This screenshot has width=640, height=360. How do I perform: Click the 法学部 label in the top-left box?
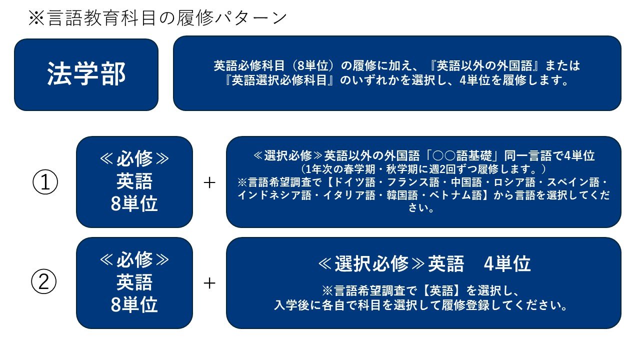86,74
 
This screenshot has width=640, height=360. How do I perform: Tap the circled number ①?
45,182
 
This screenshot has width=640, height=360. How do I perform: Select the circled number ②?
43,281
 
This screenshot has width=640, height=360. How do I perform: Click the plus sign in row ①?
209,182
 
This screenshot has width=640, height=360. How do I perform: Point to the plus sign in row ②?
209,283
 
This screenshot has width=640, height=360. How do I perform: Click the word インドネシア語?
274,195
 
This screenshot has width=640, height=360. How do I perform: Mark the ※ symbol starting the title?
36,18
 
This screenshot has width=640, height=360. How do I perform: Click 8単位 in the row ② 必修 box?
134,305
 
